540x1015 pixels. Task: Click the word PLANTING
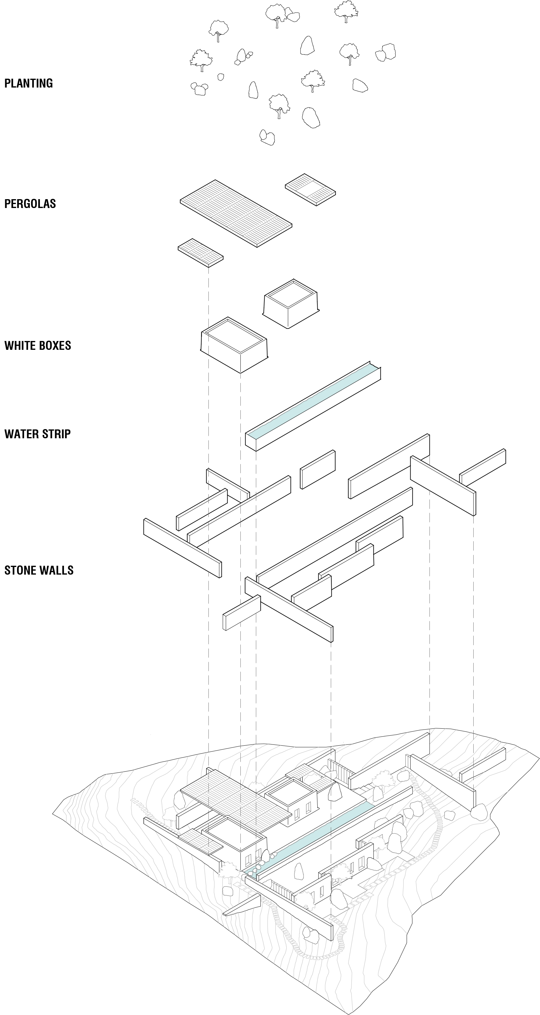coord(28,83)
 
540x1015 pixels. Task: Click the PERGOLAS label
coord(30,204)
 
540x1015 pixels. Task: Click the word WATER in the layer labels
coord(19,434)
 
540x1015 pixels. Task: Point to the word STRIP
coord(58,434)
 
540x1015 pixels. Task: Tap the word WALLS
coord(59,570)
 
